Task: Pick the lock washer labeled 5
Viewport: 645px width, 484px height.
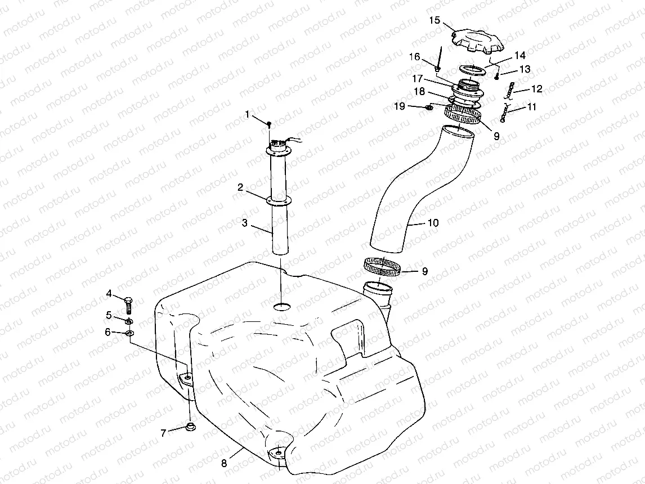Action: (129, 321)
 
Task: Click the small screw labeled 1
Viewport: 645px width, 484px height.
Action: (270, 123)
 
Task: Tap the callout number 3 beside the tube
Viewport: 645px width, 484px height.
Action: (245, 223)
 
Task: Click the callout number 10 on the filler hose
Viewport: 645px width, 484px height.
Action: (433, 223)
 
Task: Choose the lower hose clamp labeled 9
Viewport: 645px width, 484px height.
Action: (383, 266)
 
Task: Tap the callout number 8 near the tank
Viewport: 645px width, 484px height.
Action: (224, 463)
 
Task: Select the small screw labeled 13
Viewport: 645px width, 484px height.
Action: (498, 77)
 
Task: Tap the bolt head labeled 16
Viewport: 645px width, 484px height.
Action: (437, 69)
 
